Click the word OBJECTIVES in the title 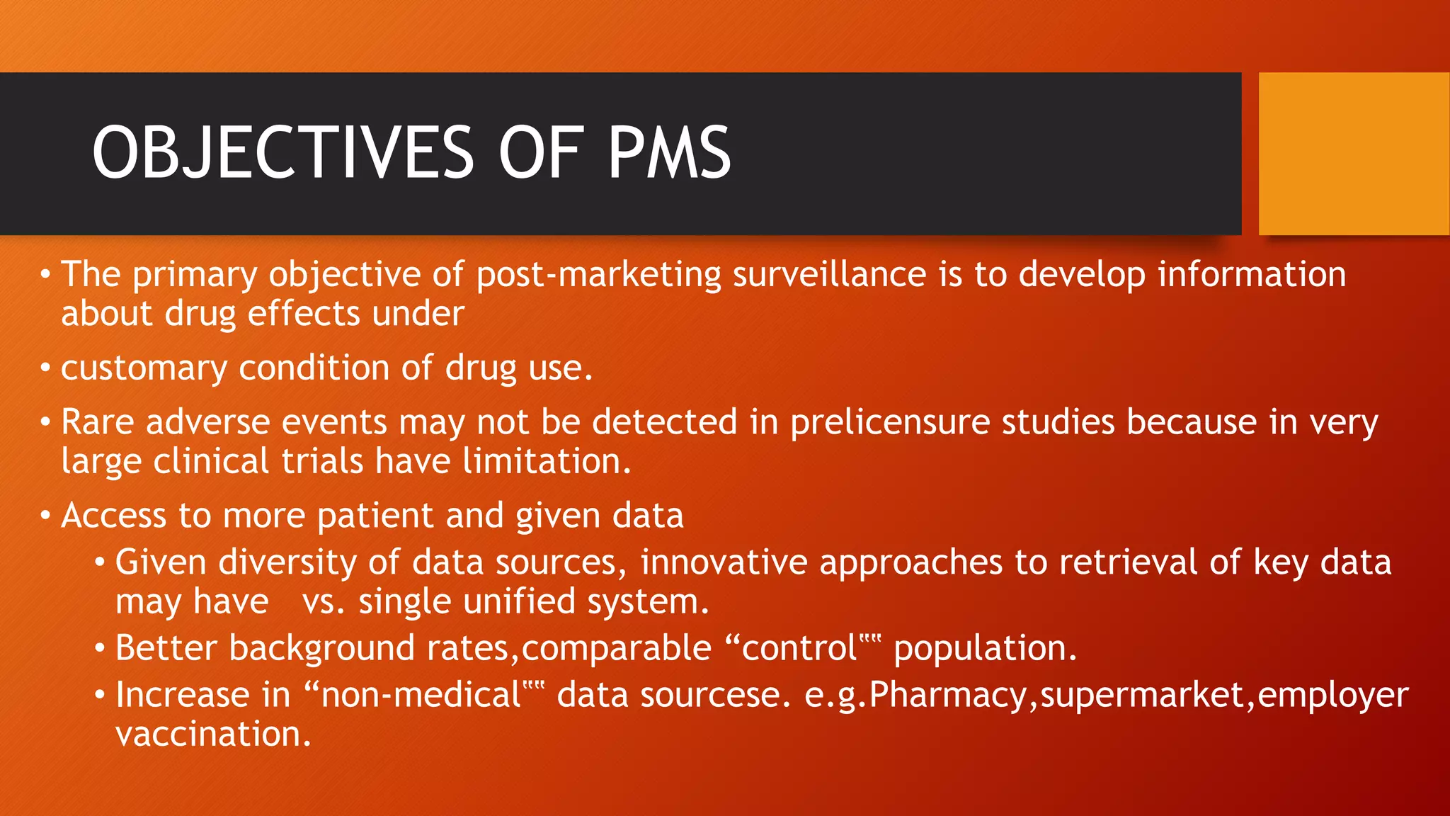coord(283,152)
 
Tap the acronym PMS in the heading coord(669,152)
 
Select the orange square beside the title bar coord(1354,154)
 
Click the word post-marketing coord(598,275)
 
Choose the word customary coord(144,368)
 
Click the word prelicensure coord(890,423)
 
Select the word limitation coord(546,462)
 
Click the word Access coord(113,516)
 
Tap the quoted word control coord(799,649)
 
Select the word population coord(985,649)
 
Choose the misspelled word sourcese coord(715,696)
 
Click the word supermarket coord(1142,696)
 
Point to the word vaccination coord(213,735)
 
